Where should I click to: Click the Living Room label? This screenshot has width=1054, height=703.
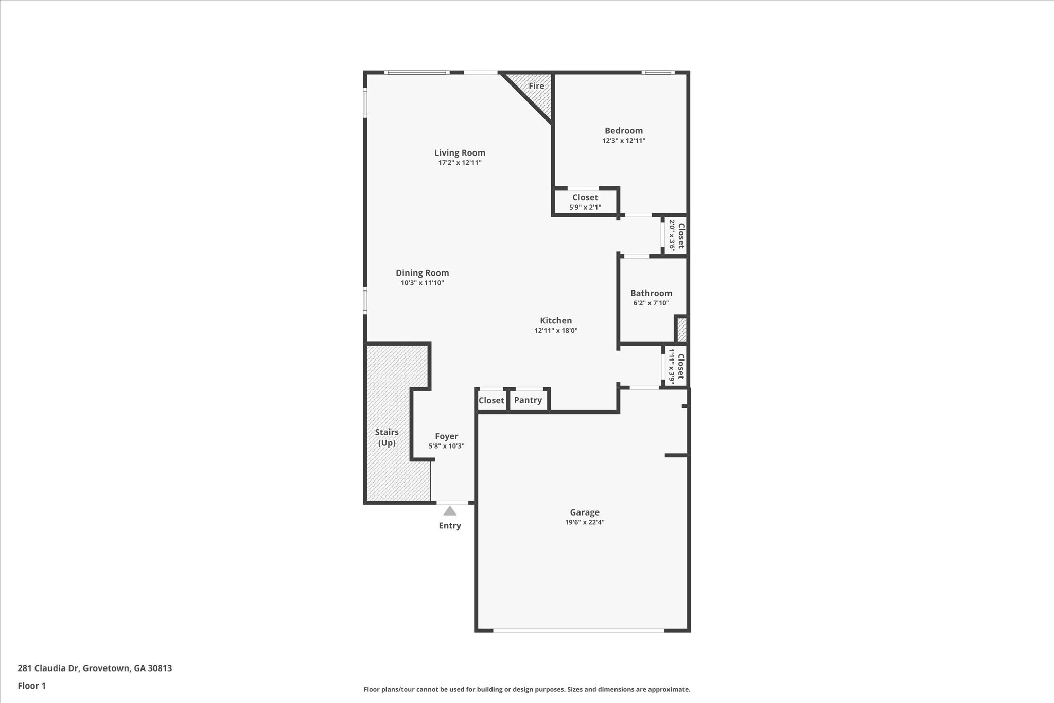tap(460, 153)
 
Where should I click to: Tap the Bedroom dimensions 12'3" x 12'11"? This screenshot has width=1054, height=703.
tap(624, 141)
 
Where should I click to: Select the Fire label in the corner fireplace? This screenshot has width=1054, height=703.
tap(536, 86)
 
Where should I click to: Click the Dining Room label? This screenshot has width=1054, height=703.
tap(422, 273)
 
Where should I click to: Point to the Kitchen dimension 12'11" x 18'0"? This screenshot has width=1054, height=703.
tap(556, 331)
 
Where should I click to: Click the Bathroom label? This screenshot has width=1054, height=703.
tap(651, 293)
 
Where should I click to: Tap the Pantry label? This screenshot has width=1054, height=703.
tap(528, 400)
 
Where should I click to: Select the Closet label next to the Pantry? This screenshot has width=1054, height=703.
tap(491, 400)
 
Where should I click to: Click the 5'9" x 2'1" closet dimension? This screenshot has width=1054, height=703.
tap(585, 208)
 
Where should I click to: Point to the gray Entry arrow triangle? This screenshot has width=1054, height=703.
tap(450, 511)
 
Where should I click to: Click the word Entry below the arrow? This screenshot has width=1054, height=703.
tap(450, 526)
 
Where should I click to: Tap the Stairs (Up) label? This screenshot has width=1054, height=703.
tap(387, 437)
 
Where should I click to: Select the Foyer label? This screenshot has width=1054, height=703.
tap(446, 436)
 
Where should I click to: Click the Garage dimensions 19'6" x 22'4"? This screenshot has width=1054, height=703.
tap(585, 522)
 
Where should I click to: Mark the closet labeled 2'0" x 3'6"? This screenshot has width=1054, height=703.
tap(676, 235)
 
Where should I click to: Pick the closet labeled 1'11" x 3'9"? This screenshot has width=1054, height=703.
tap(676, 366)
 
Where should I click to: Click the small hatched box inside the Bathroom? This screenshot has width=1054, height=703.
tap(681, 330)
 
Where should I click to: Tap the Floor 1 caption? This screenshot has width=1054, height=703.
tap(32, 686)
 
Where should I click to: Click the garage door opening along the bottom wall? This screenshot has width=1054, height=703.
tap(578, 630)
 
